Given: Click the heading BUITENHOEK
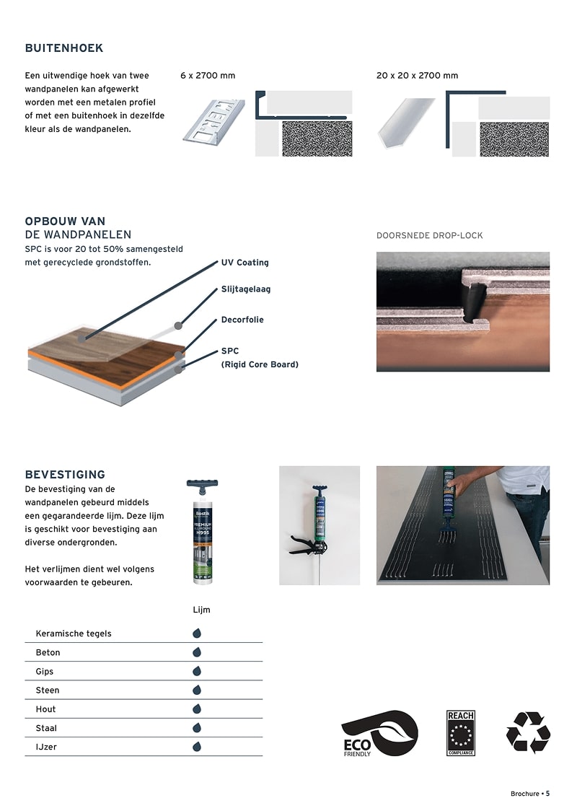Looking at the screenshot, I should pyautogui.click(x=64, y=48).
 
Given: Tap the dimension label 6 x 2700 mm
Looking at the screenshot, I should pyautogui.click(x=208, y=76).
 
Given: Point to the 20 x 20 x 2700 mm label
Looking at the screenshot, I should pyautogui.click(x=417, y=76).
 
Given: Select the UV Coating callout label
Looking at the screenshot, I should pyautogui.click(x=245, y=263).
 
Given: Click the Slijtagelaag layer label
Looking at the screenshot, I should pyautogui.click(x=246, y=289).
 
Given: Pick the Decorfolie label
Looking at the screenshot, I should pyautogui.click(x=242, y=320).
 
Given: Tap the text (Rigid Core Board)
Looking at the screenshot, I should pyautogui.click(x=260, y=364).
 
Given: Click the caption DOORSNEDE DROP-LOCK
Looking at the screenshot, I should pyautogui.click(x=430, y=236).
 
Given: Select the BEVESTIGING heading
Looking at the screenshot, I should pyautogui.click(x=65, y=475).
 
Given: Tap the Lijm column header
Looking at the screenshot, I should pyautogui.click(x=201, y=610).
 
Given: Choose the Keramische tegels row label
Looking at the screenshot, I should pyautogui.click(x=74, y=634).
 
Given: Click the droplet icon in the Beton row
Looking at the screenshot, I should pyautogui.click(x=196, y=652).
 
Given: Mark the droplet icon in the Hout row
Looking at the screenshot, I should pyautogui.click(x=196, y=709).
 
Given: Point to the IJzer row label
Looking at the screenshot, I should pyautogui.click(x=46, y=747).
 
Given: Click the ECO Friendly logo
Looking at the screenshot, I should pyautogui.click(x=379, y=733).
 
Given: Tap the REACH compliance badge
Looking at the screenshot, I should pyautogui.click(x=461, y=733).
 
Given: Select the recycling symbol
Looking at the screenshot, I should pyautogui.click(x=528, y=732).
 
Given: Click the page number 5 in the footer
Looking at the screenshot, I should pyautogui.click(x=547, y=794).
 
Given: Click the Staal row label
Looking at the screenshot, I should pyautogui.click(x=46, y=728).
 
